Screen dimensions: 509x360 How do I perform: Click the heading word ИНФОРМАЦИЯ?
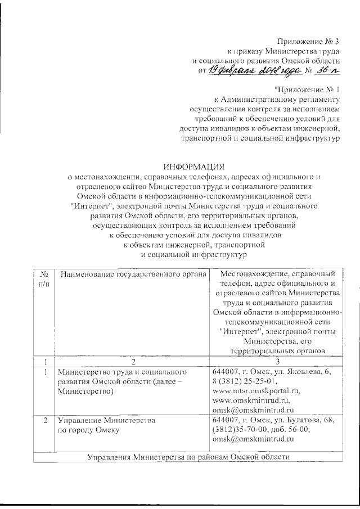(x=193, y=166)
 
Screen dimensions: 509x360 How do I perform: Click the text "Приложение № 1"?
(x=307, y=89)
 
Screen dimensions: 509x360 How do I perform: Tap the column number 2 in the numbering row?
(x=132, y=361)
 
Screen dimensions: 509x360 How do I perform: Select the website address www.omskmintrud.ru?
(x=253, y=400)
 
